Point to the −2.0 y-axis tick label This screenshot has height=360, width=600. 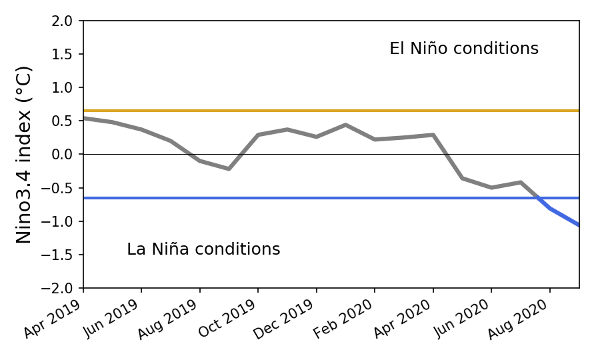coord(61,288)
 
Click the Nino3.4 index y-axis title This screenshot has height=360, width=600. coord(24,154)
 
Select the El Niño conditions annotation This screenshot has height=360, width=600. coord(464,49)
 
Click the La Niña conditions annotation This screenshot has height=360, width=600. coord(203,249)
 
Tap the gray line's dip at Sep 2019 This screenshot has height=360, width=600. coord(229,169)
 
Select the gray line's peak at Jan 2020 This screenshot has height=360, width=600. coord(345,125)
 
